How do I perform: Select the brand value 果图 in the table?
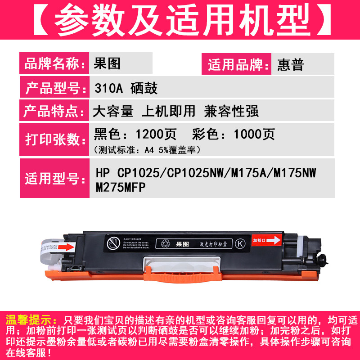point(108,64)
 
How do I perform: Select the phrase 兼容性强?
point(231,111)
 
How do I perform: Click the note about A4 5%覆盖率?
point(147,149)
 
